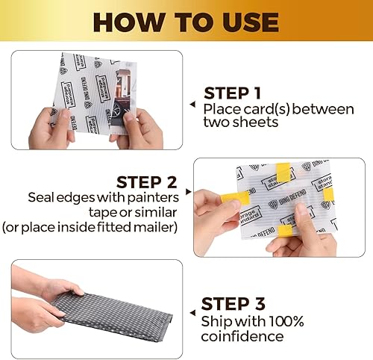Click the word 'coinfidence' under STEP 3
click(x=239, y=338)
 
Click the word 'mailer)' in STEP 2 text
click(x=155, y=226)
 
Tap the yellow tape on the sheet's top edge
click(x=284, y=174)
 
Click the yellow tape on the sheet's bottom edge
click(x=286, y=231)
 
